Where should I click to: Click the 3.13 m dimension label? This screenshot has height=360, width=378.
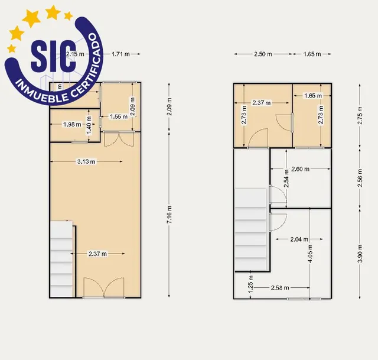tap(86, 161)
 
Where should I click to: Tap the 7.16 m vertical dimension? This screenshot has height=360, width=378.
tap(170, 215)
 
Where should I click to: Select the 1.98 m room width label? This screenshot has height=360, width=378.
tap(72, 125)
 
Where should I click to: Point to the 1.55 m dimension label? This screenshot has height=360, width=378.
tap(119, 117)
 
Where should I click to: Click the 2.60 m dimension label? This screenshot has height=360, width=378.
tap(300, 169)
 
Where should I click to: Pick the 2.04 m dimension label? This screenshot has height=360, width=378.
tap(299, 239)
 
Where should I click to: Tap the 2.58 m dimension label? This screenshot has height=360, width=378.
tap(280, 288)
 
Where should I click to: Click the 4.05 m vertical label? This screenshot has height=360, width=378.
tap(310, 254)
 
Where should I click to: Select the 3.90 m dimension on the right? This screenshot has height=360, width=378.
tap(360, 254)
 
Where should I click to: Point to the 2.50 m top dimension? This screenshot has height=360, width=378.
tap(263, 54)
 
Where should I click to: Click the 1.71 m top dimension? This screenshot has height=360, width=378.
tap(120, 54)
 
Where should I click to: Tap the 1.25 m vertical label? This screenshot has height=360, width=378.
tap(250, 284)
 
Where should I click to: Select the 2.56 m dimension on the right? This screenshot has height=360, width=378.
tap(360, 178)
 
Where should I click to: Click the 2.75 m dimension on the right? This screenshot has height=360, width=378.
tap(360, 115)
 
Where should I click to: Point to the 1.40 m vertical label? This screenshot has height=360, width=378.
tap(89, 125)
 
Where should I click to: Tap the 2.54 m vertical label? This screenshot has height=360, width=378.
tap(286, 179)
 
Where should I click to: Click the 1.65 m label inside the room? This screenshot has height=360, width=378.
tap(313, 96)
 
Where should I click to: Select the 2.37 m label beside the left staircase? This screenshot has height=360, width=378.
tap(97, 254)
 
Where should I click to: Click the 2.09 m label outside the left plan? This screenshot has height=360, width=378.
tap(170, 106)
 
